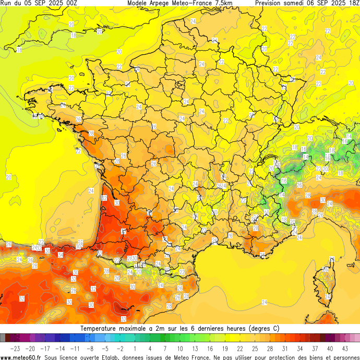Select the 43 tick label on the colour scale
[345, 348]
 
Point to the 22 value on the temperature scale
[240, 348]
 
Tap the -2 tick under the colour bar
[120, 348]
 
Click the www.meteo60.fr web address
[21, 357]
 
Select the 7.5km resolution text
[221, 3]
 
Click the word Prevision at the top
[270, 3]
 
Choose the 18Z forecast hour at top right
[352, 3]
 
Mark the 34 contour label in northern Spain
[61, 255]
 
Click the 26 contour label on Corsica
[327, 269]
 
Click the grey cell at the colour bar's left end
[3, 338]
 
